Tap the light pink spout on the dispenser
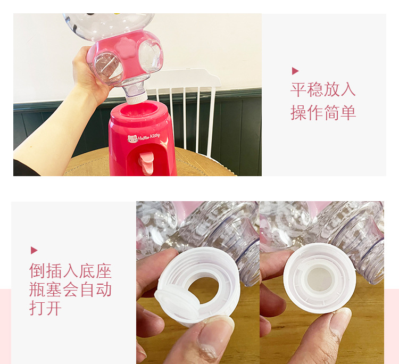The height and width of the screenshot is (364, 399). pyautogui.click(x=146, y=163)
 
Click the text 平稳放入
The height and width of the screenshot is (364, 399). pyautogui.click(x=323, y=89)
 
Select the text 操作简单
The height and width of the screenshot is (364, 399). pyautogui.click(x=323, y=112)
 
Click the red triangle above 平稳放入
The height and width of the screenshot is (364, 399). pyautogui.click(x=295, y=71)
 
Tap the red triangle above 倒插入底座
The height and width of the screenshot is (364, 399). pyautogui.click(x=34, y=250)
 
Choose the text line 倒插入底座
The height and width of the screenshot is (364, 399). pyautogui.click(x=70, y=271)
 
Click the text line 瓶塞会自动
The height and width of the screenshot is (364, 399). pyautogui.click(x=70, y=289)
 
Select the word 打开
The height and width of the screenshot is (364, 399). pyautogui.click(x=45, y=308)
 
